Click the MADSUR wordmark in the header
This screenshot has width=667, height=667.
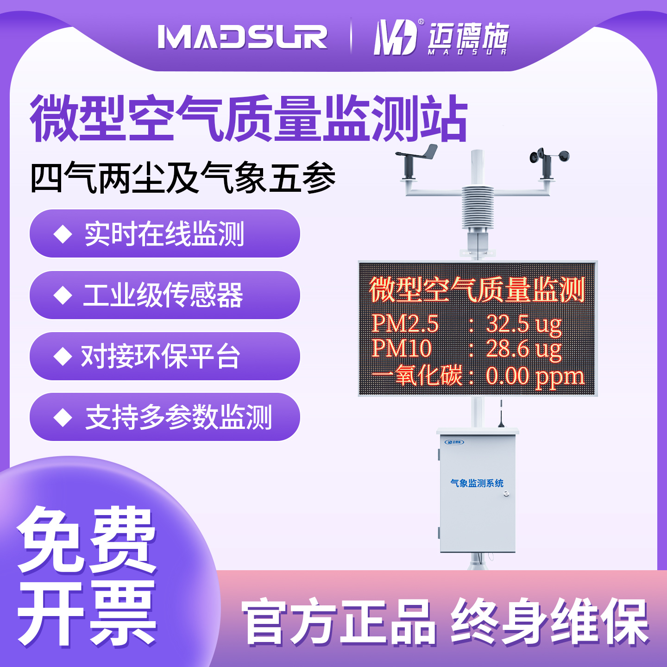(x=242, y=37)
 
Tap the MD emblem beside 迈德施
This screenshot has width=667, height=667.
(x=395, y=38)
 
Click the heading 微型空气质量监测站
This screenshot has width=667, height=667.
(x=249, y=119)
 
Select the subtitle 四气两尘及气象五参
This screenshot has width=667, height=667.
(x=183, y=178)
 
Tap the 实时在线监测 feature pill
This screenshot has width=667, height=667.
(x=164, y=233)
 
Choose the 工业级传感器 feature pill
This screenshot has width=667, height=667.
(x=164, y=295)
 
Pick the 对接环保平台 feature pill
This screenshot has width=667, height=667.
(x=164, y=356)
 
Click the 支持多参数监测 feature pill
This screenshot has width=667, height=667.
(x=164, y=417)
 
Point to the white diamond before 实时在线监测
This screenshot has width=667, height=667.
(x=63, y=234)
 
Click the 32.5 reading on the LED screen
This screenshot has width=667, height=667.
(x=508, y=323)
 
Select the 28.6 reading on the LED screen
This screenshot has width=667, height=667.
(x=508, y=348)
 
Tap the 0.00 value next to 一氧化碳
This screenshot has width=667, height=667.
(x=508, y=376)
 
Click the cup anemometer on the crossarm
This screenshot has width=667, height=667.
(x=549, y=160)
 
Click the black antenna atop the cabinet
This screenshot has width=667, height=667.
(x=501, y=415)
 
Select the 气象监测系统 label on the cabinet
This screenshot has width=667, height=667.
(x=477, y=483)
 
